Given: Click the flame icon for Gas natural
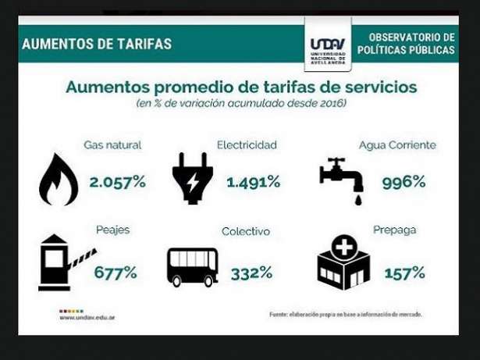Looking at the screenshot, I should [x=59, y=180].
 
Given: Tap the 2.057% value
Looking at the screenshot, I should [x=117, y=182].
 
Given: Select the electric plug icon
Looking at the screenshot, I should [x=192, y=178].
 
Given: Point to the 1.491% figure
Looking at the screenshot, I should [x=253, y=182].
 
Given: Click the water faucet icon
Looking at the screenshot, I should [x=342, y=180].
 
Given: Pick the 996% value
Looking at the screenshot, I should [x=404, y=182].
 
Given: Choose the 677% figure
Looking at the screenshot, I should [x=116, y=273].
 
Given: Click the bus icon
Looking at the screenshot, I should [x=192, y=267].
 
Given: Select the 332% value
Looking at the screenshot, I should [x=251, y=273].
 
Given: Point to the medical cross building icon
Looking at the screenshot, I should [x=343, y=262].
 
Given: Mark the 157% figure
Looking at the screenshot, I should [x=404, y=273].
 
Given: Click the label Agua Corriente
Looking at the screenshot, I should [x=397, y=145].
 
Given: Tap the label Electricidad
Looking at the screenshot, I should [x=247, y=145].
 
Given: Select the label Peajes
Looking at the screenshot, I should [x=112, y=230].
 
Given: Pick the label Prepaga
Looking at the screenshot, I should [x=394, y=230].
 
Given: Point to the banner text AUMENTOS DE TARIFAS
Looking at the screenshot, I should [x=97, y=44].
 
